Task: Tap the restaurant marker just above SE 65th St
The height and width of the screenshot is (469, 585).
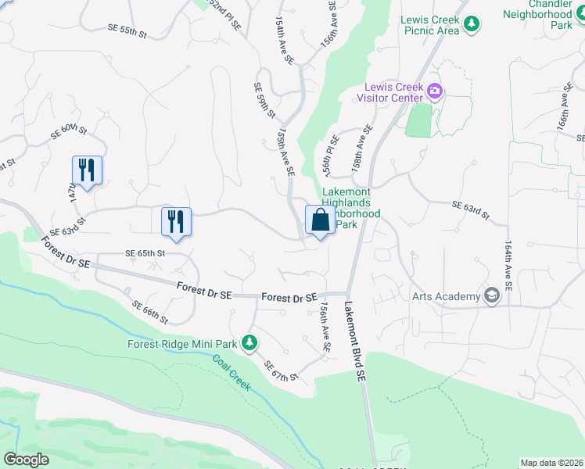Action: tap(176, 221)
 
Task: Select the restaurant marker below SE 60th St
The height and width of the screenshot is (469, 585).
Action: tap(87, 170)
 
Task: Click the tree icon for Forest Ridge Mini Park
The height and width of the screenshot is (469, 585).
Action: tap(249, 342)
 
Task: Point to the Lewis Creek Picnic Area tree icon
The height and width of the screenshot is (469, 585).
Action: tap(472, 26)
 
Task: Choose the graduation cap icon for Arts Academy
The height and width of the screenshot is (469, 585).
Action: tap(491, 295)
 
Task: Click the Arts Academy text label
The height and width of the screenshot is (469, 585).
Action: tap(446, 296)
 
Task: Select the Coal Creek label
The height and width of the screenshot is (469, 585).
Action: tap(231, 373)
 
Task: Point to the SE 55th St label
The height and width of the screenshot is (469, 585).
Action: tap(127, 29)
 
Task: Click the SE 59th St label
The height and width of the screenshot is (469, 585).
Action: tap(265, 101)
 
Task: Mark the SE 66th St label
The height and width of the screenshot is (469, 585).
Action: tap(149, 312)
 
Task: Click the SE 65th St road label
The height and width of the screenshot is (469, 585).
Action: tap(145, 254)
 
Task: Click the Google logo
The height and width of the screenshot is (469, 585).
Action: tap(26, 460)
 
